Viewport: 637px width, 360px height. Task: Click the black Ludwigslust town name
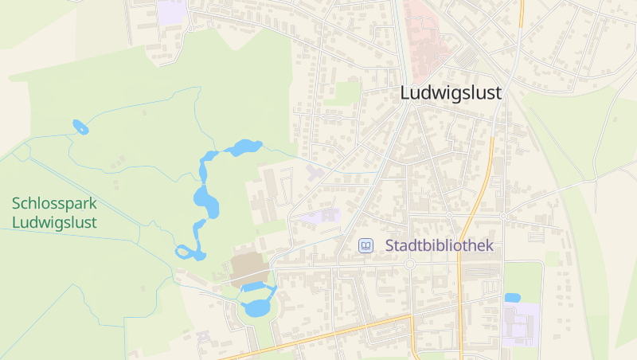[x=451, y=92]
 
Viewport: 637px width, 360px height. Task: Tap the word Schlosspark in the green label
[x=54, y=202]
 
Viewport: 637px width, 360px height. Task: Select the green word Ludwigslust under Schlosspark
[x=54, y=221]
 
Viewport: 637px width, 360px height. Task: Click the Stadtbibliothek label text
[x=440, y=246]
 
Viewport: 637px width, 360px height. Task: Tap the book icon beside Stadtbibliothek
[x=365, y=246]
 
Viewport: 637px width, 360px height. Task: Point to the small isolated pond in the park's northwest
[x=80, y=127]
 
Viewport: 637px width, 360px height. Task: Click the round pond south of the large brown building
[x=257, y=307]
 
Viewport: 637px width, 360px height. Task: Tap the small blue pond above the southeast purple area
[x=512, y=298]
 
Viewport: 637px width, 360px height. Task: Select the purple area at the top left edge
[x=171, y=11]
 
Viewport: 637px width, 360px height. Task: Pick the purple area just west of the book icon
[x=321, y=216]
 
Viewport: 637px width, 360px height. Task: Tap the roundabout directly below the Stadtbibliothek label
[x=410, y=264]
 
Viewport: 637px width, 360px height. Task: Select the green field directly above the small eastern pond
[x=522, y=276]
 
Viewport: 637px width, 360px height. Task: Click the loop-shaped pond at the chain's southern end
[x=190, y=252]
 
